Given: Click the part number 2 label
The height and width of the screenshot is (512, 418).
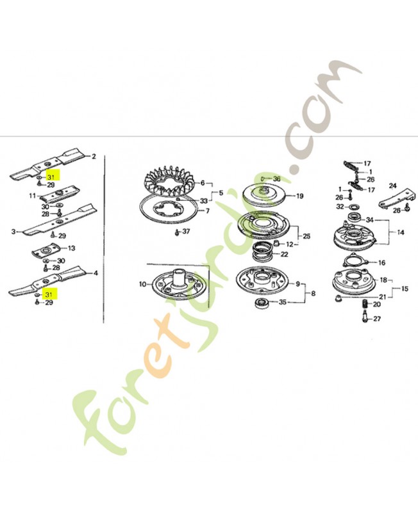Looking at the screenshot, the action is pyautogui.click(x=94, y=156).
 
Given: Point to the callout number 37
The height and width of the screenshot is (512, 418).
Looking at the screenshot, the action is pyautogui.click(x=186, y=232).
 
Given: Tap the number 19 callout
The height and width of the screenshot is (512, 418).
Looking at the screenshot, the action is pyautogui.click(x=300, y=196).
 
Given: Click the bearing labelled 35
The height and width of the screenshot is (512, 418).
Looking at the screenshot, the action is pyautogui.click(x=262, y=302).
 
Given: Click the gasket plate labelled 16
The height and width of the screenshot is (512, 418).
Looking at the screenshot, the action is pyautogui.click(x=355, y=261).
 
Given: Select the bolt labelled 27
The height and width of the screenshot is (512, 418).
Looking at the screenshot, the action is pyautogui.click(x=365, y=317).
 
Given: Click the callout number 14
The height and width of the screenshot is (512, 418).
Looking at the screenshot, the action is pyautogui.click(x=401, y=233).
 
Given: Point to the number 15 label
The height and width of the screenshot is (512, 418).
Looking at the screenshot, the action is pyautogui.click(x=405, y=289).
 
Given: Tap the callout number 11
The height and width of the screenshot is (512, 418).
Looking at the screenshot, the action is pyautogui.click(x=33, y=196).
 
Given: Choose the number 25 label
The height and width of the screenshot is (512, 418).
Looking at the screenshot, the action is pyautogui.click(x=306, y=236).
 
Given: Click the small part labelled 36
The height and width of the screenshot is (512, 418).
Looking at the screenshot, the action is pyautogui.click(x=263, y=179).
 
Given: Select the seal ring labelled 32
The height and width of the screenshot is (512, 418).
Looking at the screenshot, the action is pyautogui.click(x=353, y=207).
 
